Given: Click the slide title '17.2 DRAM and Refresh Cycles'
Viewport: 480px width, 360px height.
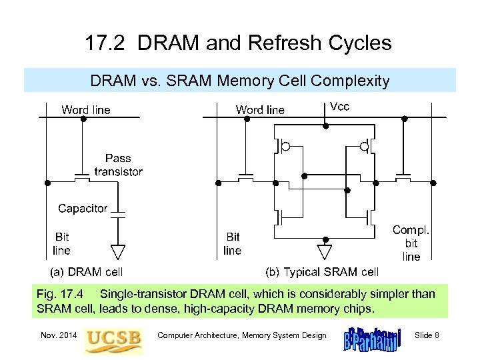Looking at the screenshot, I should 238,44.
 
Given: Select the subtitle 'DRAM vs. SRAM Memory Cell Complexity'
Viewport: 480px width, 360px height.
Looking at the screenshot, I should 239,81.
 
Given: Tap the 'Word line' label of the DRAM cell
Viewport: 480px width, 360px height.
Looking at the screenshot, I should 86,109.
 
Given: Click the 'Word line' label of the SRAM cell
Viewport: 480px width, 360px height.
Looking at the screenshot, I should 260,110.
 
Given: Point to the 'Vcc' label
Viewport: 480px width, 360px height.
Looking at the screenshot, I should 339,107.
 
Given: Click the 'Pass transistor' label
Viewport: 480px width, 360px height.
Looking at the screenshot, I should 118,165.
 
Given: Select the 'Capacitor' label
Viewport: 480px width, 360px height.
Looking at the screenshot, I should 83,208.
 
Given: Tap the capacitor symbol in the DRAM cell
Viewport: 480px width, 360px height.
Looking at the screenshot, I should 118,214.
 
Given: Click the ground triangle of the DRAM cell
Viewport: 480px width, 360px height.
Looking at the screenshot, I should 118,252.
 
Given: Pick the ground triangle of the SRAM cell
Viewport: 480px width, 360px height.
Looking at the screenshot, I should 325,252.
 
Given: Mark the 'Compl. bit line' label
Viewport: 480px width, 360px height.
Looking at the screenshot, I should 411,243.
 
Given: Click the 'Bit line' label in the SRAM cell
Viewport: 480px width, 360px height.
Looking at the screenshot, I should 232,243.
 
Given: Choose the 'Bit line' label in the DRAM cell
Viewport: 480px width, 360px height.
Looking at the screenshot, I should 61,243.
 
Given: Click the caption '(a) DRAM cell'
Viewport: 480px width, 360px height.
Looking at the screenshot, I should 87,272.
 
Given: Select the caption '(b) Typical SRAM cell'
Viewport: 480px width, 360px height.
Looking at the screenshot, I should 322,272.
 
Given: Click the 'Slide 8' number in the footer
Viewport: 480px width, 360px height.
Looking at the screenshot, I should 427,335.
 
